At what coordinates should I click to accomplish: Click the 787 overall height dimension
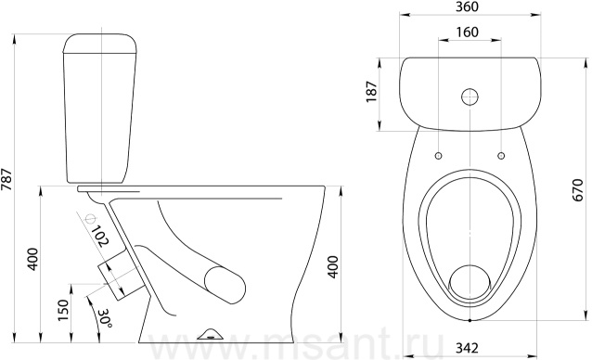pos(6,178)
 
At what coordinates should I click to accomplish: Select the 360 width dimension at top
pos(467,6)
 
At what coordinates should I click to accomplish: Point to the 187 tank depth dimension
pos(371,92)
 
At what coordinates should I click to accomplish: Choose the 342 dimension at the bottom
pos(467,348)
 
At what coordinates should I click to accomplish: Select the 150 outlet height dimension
pos(64,310)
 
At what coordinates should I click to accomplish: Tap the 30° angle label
pos(104,318)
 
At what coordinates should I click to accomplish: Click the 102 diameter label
pos(99,237)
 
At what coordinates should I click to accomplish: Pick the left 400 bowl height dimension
pos(33,259)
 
